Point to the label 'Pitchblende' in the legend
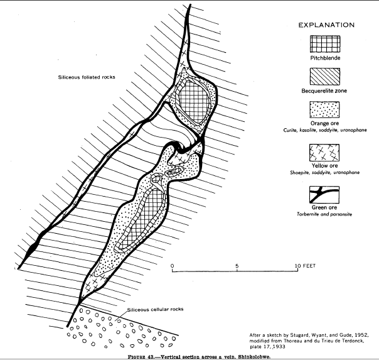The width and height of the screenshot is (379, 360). (x=326, y=58)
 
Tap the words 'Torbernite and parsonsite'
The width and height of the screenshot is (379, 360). (x=326, y=214)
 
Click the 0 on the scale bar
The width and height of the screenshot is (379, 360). (x=173, y=266)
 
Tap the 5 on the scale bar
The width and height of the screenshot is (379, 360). (x=237, y=266)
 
